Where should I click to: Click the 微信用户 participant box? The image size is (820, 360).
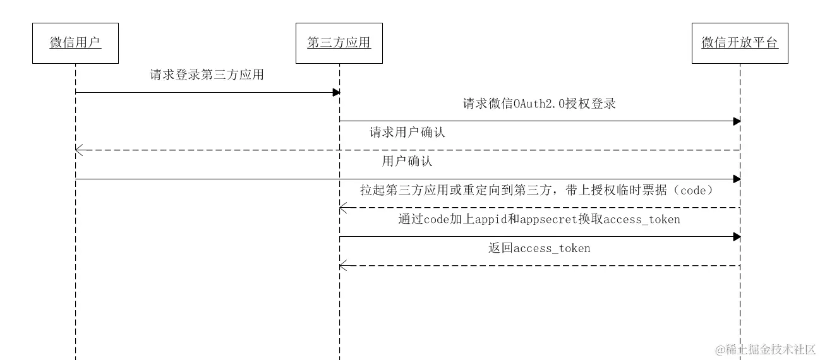[x=75, y=43]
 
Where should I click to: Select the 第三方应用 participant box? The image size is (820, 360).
[x=339, y=43]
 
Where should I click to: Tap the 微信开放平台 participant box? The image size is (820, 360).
[x=739, y=43]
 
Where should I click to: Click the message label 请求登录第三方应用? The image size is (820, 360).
[x=207, y=75]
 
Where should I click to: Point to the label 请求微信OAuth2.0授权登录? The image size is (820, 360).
[x=539, y=104]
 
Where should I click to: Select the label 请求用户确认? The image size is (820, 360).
[x=407, y=133]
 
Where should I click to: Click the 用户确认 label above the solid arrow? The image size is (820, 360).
[x=407, y=162]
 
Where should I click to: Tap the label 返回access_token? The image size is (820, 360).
[x=539, y=249]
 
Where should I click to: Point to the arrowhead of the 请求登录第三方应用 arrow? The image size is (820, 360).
[x=336, y=93]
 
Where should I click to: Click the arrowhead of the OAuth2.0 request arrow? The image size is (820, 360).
[x=736, y=121]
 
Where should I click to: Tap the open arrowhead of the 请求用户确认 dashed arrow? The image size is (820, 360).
[x=78, y=150]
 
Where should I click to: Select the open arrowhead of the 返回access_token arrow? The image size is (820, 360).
[x=342, y=266]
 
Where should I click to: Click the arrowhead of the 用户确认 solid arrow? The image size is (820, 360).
[x=736, y=179]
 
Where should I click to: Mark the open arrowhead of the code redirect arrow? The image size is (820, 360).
[x=342, y=208]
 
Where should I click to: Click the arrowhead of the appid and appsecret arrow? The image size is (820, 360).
[x=736, y=237]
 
